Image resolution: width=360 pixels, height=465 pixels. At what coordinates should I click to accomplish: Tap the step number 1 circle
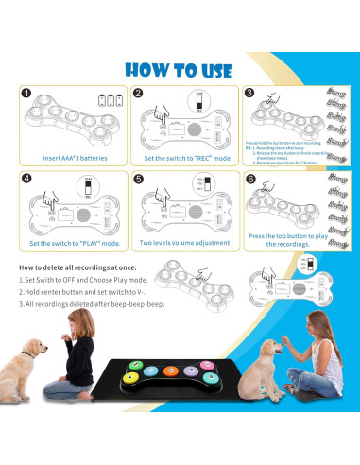pos(26,94)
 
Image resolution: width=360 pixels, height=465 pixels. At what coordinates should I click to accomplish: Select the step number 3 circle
pos(249,94)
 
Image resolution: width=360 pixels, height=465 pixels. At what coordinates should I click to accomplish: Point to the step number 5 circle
pos(138,178)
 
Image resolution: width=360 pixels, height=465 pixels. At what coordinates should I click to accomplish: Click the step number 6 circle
pos(249,178)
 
